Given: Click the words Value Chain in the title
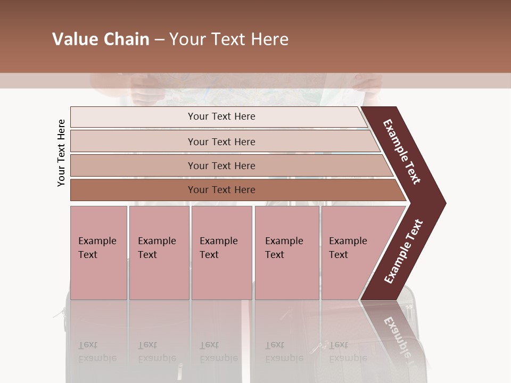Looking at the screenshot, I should tap(101, 39).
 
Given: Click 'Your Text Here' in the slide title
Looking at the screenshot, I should tap(229, 39).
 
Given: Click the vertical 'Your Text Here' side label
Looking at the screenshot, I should tap(61, 153).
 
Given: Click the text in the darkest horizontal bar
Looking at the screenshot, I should tap(221, 190).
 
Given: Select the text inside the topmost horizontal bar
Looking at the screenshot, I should tap(221, 116).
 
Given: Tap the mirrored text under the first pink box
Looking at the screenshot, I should tap(97, 352).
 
